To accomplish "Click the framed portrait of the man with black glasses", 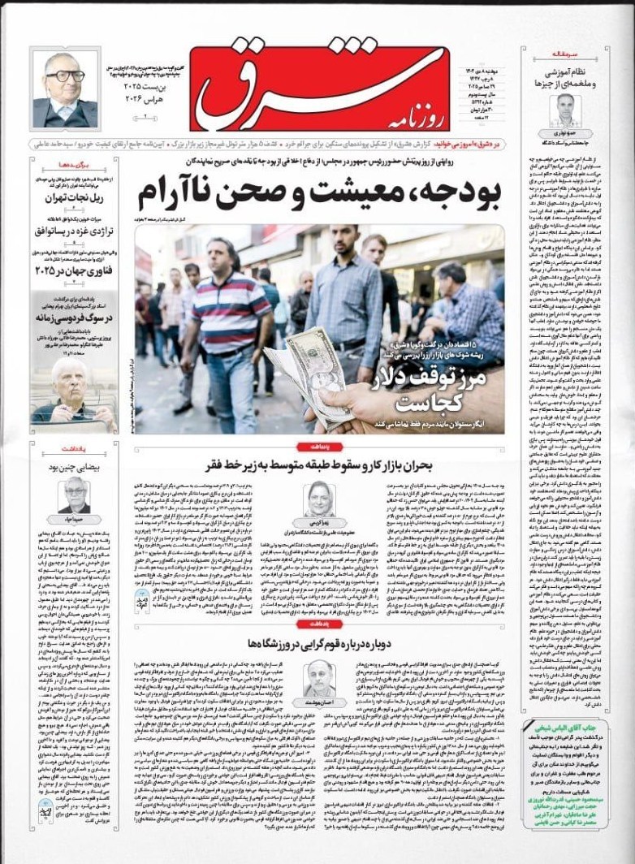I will pyautogui.click(x=65, y=89).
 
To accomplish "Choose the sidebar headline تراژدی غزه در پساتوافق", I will pyautogui.click(x=77, y=233).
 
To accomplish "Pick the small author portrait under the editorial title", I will pyautogui.click(x=565, y=109).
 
